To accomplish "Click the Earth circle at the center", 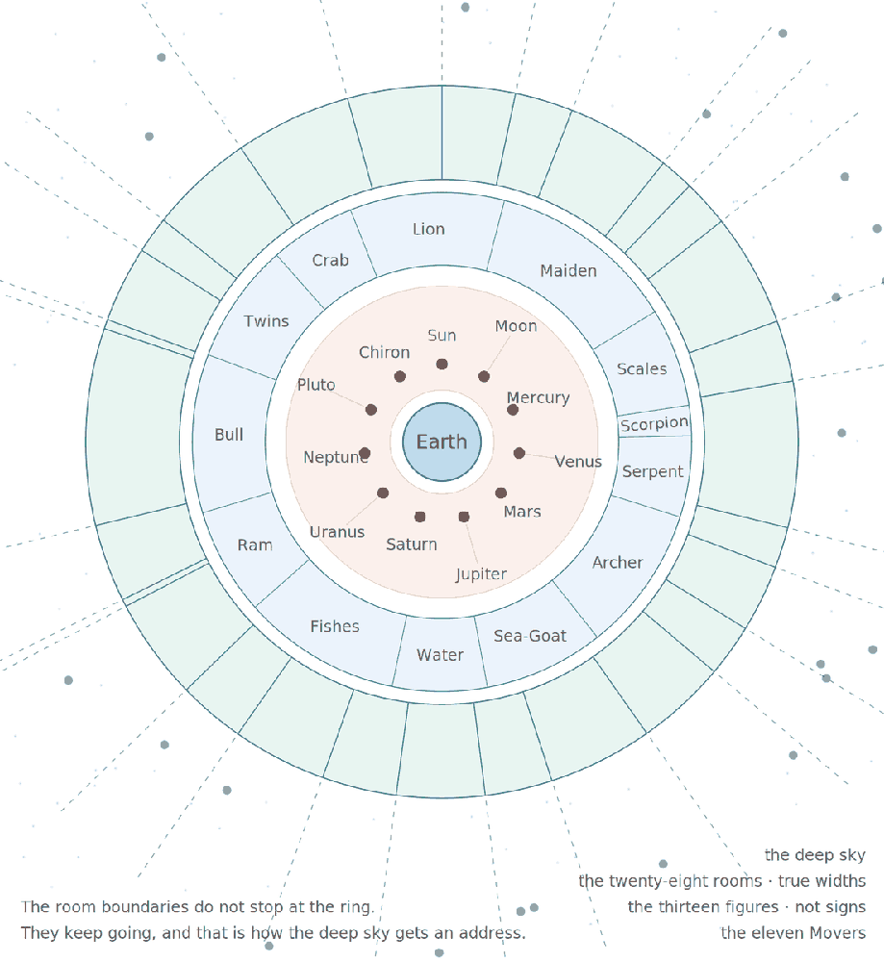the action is click(442, 442).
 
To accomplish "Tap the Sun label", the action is click(442, 336).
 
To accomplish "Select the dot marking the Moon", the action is click(484, 377).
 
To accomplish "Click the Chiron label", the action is click(384, 353).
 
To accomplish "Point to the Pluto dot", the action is click(371, 410).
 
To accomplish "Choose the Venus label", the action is click(578, 462).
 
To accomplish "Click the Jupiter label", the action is click(482, 574).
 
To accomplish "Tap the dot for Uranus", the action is click(383, 493).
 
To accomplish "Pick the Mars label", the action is click(522, 512).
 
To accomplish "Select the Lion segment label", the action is click(428, 230).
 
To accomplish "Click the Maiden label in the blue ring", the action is click(568, 271).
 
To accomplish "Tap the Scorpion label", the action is click(654, 424).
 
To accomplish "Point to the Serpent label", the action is click(653, 471).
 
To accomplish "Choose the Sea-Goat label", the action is click(530, 636).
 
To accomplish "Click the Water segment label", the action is click(440, 655).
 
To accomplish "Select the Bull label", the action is click(229, 435).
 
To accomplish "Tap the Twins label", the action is click(266, 321).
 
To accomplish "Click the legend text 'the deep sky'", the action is click(815, 855).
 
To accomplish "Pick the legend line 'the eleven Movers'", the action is click(794, 933).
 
